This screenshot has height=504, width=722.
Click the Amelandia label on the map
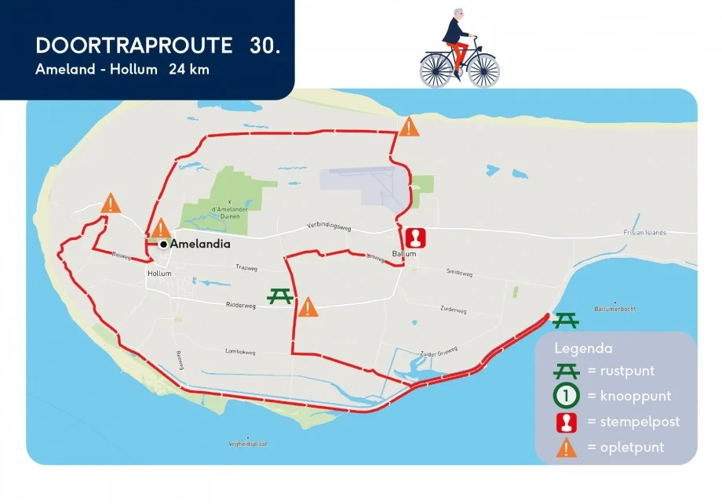(x=201, y=244)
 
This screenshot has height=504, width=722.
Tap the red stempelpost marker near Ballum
(x=415, y=237)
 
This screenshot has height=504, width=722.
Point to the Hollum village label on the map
(x=159, y=273)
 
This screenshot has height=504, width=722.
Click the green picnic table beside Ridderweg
(x=280, y=296)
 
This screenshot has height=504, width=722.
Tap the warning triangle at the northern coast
(x=409, y=127)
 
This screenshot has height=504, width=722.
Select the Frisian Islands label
(x=644, y=233)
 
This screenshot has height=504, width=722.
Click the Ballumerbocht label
(x=614, y=309)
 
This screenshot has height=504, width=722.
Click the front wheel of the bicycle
(x=483, y=71)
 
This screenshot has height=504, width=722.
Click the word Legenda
(x=583, y=348)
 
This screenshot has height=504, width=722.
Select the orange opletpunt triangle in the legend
(x=567, y=448)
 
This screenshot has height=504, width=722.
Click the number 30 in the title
(x=264, y=45)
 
